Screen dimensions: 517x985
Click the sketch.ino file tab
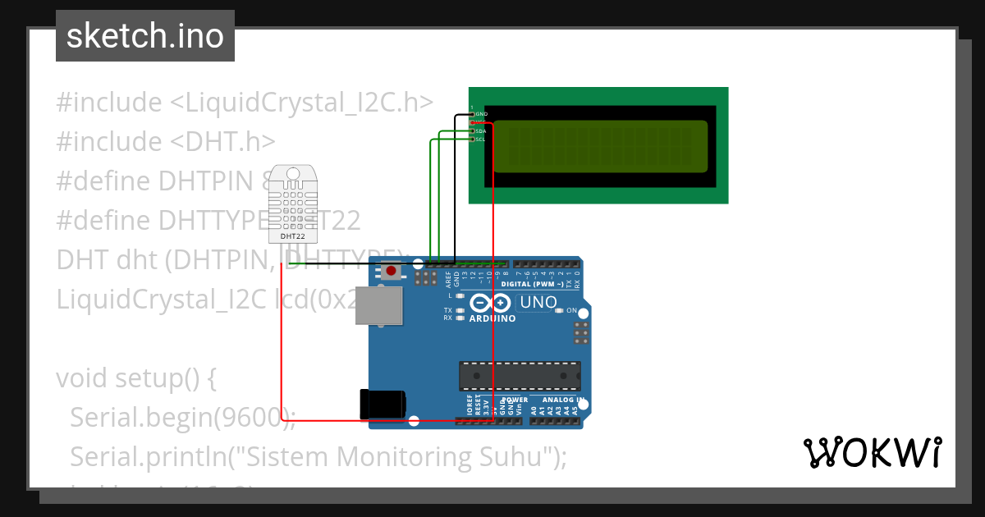pyautogui.click(x=145, y=36)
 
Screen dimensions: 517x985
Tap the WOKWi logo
pyautogui.click(x=872, y=452)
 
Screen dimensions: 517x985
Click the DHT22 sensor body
pyautogui.click(x=292, y=204)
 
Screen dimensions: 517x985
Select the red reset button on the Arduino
pyautogui.click(x=392, y=270)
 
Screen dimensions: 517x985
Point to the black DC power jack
pyautogui.click(x=382, y=404)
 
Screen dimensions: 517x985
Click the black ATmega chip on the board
pyautogui.click(x=519, y=376)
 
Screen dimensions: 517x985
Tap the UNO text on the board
pyautogui.click(x=538, y=303)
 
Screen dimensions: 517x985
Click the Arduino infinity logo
pyautogui.click(x=492, y=304)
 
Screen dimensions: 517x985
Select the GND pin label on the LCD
pyautogui.click(x=481, y=113)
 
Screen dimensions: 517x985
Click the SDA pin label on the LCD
pyautogui.click(x=481, y=130)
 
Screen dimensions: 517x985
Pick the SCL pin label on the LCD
pyautogui.click(x=481, y=140)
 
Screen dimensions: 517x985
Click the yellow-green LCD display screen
pyautogui.click(x=600, y=146)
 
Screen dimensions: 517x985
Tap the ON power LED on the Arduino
pyautogui.click(x=559, y=311)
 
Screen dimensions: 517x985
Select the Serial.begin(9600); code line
pyautogui.click(x=182, y=417)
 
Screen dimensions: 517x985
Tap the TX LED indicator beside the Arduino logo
pyautogui.click(x=460, y=310)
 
